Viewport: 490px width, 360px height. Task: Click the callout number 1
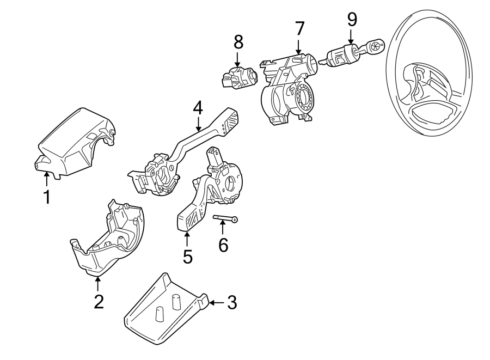coord(47,196)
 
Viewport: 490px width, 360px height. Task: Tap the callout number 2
coord(98,301)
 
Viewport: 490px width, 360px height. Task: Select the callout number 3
coord(232,303)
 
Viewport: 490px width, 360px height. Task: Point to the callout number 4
coord(198,108)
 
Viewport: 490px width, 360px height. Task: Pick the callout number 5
coord(187,256)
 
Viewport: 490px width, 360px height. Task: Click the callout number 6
coord(223,245)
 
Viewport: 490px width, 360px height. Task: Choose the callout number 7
coord(299,29)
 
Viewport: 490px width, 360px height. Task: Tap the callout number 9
coord(352,20)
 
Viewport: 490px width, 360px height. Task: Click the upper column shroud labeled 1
coord(76,142)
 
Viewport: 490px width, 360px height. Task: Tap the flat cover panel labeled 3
coord(163,310)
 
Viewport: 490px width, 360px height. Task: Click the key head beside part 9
coord(375,45)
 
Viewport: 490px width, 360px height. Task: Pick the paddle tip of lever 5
coord(187,220)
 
